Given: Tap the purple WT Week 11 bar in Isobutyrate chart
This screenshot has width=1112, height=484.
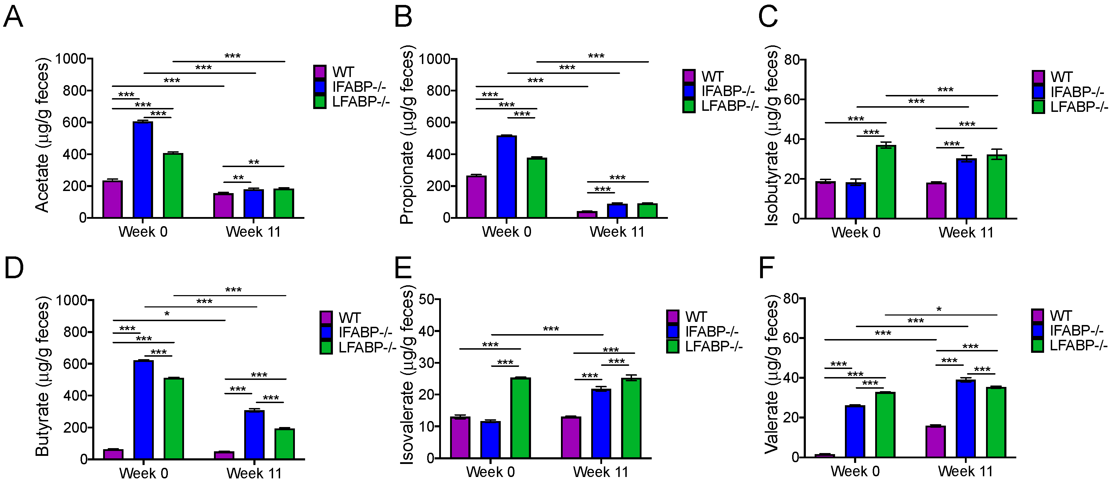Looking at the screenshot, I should (x=936, y=200).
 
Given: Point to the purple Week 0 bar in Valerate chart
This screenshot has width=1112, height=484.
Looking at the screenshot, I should (x=824, y=456).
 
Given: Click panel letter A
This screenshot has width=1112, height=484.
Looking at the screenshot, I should (x=13, y=17).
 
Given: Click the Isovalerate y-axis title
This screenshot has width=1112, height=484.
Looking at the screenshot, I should (x=406, y=375).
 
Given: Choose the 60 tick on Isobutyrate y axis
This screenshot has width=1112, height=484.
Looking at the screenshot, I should (x=792, y=99).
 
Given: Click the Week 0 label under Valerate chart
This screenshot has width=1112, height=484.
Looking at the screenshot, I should (x=855, y=471).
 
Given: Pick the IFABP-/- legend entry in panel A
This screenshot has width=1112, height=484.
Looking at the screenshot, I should (x=358, y=87).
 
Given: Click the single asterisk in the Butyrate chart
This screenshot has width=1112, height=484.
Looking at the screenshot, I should (x=167, y=314).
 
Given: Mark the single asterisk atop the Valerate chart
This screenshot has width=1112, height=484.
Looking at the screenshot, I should (x=939, y=309).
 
